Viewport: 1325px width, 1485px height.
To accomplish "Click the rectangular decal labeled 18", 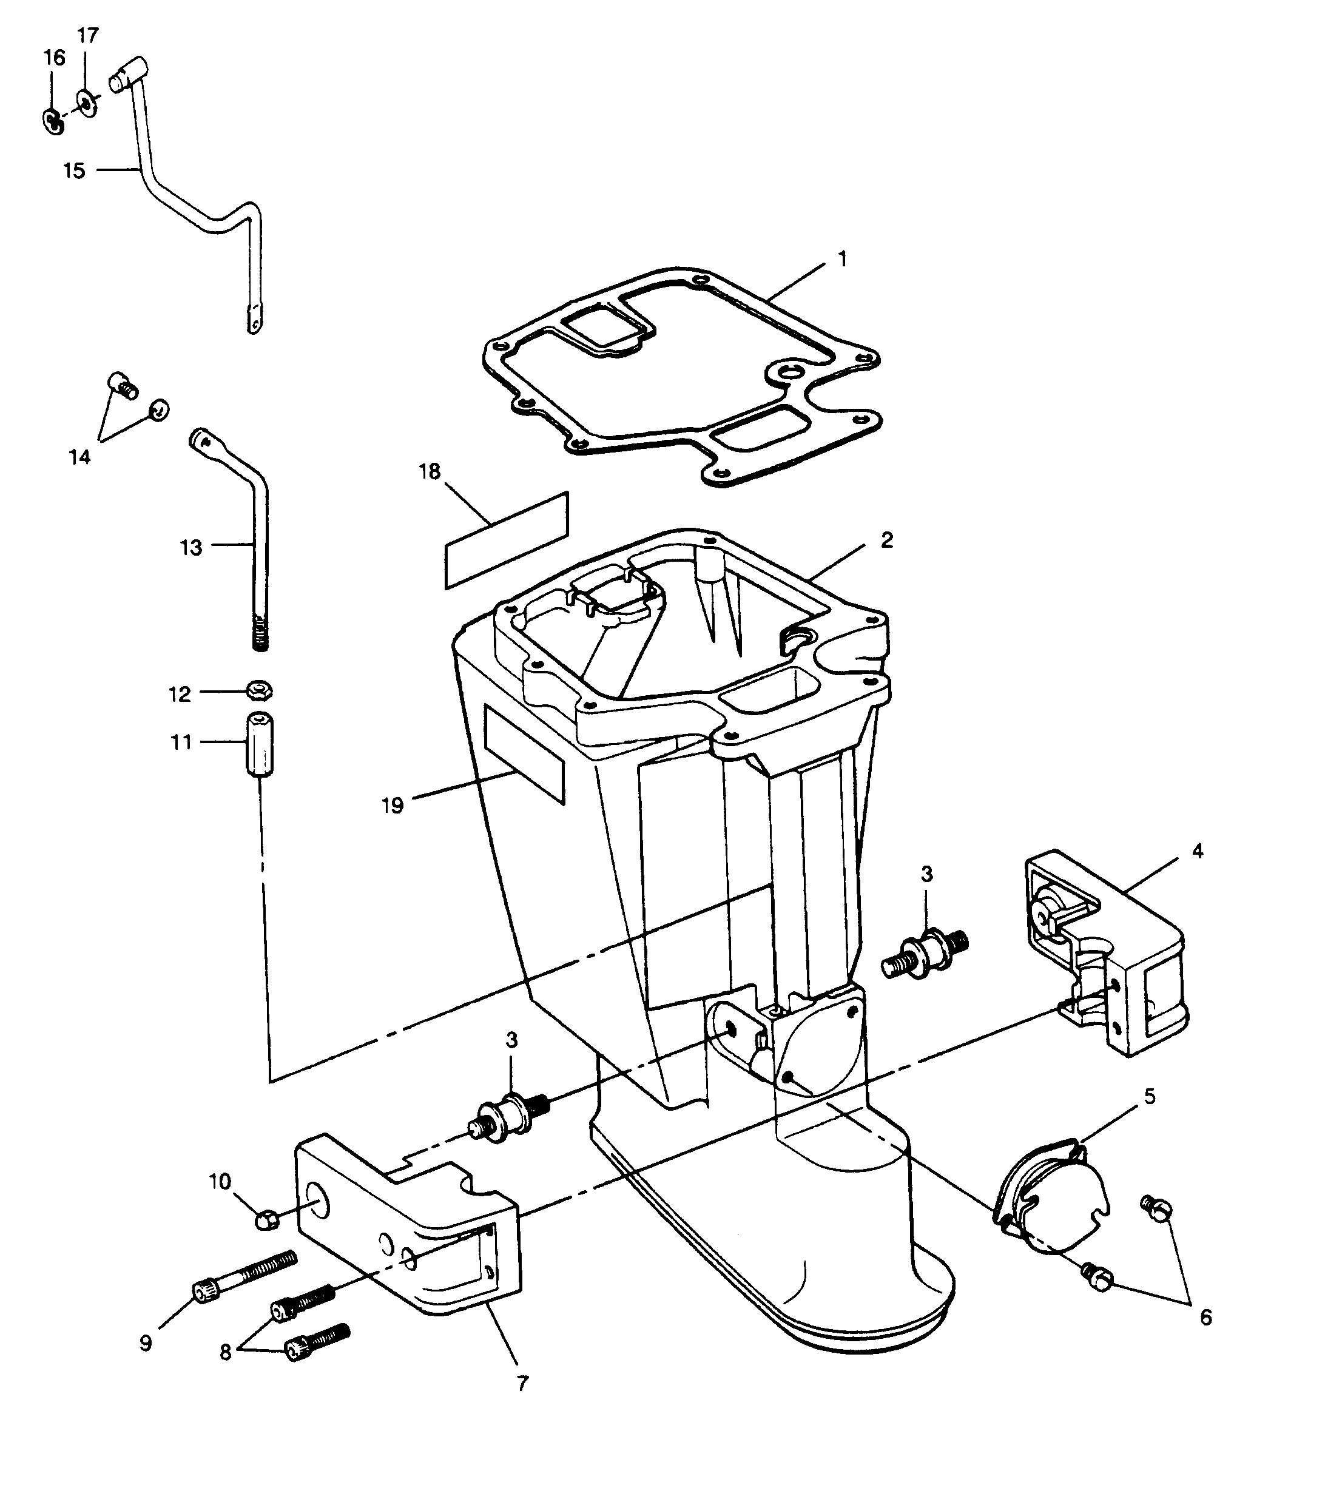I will coord(506,539).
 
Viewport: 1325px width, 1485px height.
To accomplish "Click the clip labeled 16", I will coord(52,120).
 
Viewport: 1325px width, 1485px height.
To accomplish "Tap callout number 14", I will coord(79,457).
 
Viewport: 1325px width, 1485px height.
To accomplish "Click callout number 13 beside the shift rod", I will coord(190,547).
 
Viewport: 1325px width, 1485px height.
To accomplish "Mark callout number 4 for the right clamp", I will coord(1197,850).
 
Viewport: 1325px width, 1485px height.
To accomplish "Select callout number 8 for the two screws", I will coord(225,1351).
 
